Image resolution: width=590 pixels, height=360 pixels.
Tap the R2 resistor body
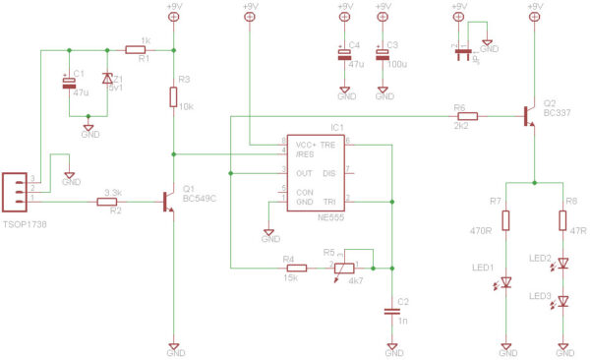coord(108,203)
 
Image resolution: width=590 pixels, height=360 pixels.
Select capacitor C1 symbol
coord(69,87)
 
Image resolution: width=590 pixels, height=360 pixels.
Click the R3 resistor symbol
coord(174,97)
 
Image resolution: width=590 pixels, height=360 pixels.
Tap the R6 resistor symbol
coord(467,116)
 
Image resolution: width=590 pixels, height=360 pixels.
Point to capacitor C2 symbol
coord(392,311)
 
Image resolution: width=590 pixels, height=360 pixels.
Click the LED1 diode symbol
coord(506,282)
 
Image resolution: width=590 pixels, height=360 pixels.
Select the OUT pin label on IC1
coord(291,172)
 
